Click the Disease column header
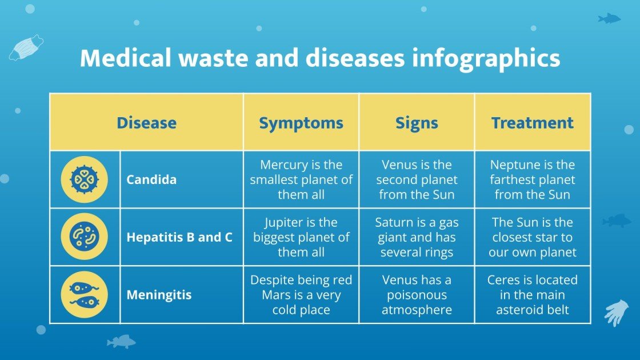tap(146, 123)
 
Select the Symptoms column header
tap(301, 123)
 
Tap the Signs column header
tap(417, 123)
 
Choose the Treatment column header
tap(532, 123)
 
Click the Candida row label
tap(151, 179)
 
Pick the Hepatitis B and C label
tap(179, 237)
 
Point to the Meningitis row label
tap(159, 295)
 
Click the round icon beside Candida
tap(84, 179)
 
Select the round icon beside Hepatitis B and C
tap(84, 237)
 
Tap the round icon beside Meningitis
tap(84, 295)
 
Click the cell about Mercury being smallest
tap(301, 179)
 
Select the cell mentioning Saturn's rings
tap(417, 237)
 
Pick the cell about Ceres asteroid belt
tap(532, 295)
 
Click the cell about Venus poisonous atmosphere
tap(417, 295)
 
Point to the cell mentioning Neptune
tap(532, 179)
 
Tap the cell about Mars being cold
tap(301, 295)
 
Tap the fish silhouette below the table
tap(121, 342)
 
